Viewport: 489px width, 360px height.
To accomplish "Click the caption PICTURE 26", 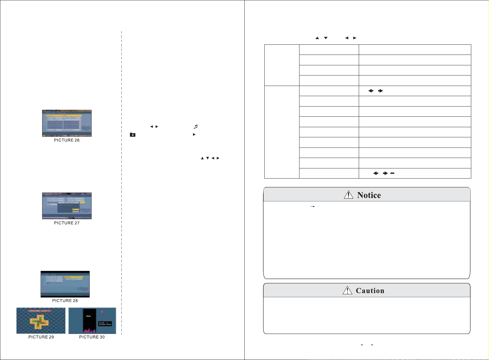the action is (x=67, y=140).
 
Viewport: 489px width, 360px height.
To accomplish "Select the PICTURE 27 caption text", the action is (x=67, y=223).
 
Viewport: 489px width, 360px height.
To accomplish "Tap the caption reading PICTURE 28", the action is (x=65, y=301).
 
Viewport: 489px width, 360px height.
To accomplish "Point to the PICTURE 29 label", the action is (x=41, y=337).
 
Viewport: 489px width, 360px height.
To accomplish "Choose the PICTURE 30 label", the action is (x=92, y=337).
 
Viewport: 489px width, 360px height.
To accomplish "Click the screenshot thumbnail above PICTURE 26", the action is (x=67, y=123).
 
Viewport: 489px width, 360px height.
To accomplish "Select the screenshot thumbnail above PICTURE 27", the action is (x=67, y=206).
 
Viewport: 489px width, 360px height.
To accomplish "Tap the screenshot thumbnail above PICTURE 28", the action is (x=65, y=284).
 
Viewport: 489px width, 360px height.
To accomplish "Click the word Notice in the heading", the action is (x=369, y=195).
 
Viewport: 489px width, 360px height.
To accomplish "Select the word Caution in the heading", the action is (x=370, y=291).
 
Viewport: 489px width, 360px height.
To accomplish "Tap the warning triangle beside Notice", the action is (x=348, y=195).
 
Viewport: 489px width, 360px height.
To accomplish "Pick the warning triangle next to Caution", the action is (x=347, y=290).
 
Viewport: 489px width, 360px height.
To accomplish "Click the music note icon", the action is (x=196, y=127).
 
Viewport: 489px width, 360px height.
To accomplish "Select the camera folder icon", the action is (x=132, y=135).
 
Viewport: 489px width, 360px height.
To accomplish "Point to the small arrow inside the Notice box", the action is (x=312, y=206).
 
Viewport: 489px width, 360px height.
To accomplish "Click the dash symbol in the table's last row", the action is (x=392, y=173).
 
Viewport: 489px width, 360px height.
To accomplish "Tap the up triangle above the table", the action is (x=317, y=38).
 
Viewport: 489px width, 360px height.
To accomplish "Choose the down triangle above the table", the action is (x=325, y=38).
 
